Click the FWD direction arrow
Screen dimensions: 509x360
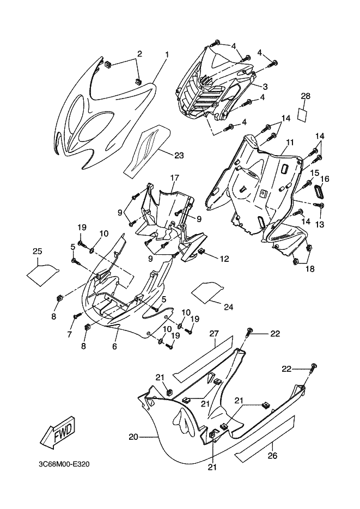[57, 433]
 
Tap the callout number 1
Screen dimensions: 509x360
[167, 54]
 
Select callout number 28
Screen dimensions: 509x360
[306, 96]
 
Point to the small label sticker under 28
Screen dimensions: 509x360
[305, 115]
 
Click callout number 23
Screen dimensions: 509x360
[179, 155]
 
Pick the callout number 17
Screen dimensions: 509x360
[174, 177]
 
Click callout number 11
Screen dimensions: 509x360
[289, 142]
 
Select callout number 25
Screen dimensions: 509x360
[37, 251]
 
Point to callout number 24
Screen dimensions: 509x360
[228, 308]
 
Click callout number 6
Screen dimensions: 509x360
[115, 346]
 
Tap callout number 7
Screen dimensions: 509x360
[70, 334]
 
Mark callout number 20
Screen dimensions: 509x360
[132, 437]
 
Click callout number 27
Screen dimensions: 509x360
[214, 333]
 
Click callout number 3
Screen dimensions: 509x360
[265, 87]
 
